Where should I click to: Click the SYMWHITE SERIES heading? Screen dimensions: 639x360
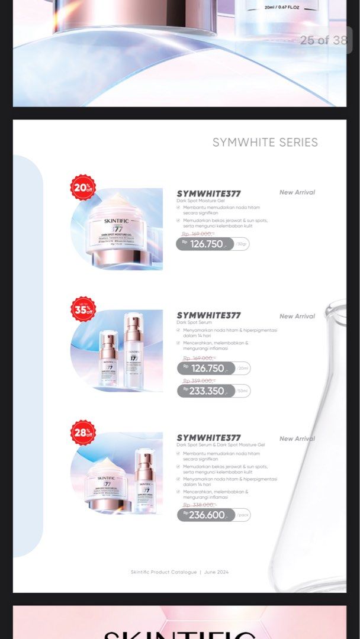265,143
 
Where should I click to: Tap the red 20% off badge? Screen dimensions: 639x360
83,187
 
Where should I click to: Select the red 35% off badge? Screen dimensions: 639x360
83,309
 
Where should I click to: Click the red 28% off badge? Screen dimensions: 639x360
83,432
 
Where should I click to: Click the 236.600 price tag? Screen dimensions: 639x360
206,515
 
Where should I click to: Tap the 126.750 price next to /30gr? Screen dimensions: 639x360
205,244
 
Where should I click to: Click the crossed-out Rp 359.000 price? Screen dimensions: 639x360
198,380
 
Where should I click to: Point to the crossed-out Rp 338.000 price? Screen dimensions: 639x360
199,505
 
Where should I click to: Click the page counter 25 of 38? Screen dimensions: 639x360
323,40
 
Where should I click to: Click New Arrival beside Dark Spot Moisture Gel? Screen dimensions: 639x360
297,192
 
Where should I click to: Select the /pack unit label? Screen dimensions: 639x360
243,515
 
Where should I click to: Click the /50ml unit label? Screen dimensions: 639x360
243,391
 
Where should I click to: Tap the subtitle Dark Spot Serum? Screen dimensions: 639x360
194,322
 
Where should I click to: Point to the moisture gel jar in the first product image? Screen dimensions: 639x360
117,228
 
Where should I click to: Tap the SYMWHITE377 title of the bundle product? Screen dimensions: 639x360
208,438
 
